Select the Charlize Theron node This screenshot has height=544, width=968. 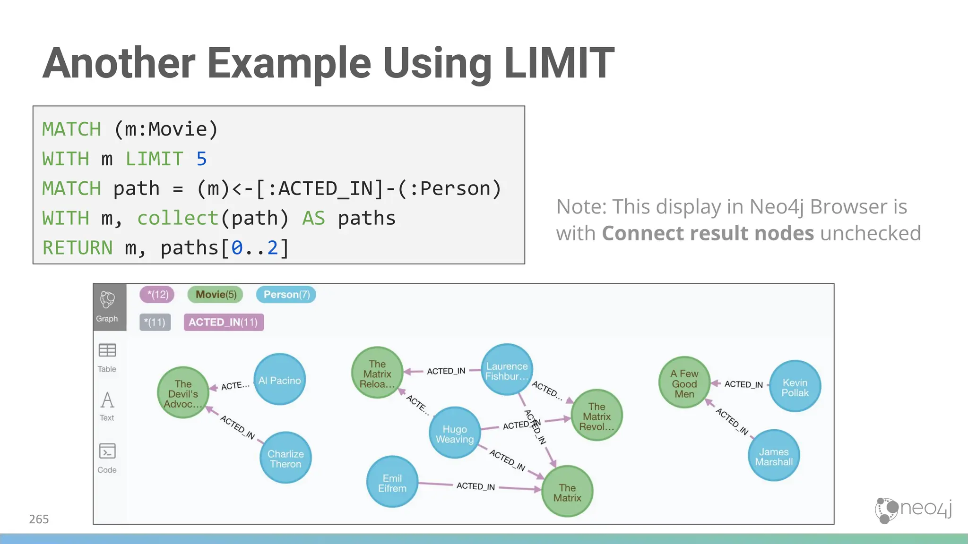(x=285, y=458)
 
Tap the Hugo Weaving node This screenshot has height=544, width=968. (x=455, y=433)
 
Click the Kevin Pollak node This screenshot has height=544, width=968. (x=795, y=386)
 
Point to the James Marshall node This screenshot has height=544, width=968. (x=774, y=456)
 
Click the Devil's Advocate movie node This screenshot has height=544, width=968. (x=183, y=393)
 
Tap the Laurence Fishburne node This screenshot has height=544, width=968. (x=507, y=370)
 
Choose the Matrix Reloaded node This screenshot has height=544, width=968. (x=377, y=373)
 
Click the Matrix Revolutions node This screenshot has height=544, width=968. (x=596, y=416)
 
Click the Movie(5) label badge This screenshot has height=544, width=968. (x=216, y=295)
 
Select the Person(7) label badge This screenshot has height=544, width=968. (x=286, y=295)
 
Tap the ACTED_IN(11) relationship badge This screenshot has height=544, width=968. (x=224, y=322)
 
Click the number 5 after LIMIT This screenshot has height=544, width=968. (x=202, y=159)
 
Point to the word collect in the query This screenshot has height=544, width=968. (x=178, y=218)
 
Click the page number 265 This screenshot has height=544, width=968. (x=39, y=519)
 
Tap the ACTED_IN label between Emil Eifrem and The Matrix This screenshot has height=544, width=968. (x=475, y=486)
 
